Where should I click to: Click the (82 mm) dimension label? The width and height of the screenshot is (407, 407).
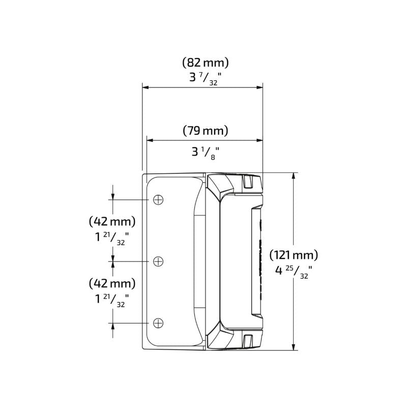206,63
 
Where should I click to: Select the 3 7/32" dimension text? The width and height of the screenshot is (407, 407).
206,78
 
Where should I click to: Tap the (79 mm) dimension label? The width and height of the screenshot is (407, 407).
206,131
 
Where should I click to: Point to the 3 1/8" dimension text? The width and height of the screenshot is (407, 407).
206,153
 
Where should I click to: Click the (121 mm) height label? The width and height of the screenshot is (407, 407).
294,255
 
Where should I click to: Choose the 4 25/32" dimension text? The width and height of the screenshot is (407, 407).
294,272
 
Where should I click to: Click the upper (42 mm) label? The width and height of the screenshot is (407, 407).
112,222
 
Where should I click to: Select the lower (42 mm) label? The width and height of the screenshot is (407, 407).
112,284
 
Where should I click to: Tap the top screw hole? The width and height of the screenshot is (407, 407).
158,199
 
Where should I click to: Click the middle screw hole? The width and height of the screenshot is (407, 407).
158,261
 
